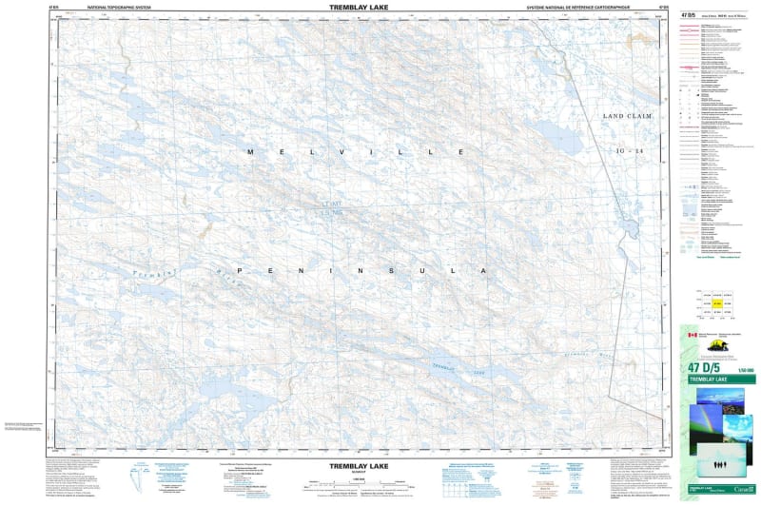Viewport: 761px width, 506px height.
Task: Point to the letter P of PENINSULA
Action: (x=240, y=272)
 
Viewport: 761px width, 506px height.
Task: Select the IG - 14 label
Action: (x=631, y=152)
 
